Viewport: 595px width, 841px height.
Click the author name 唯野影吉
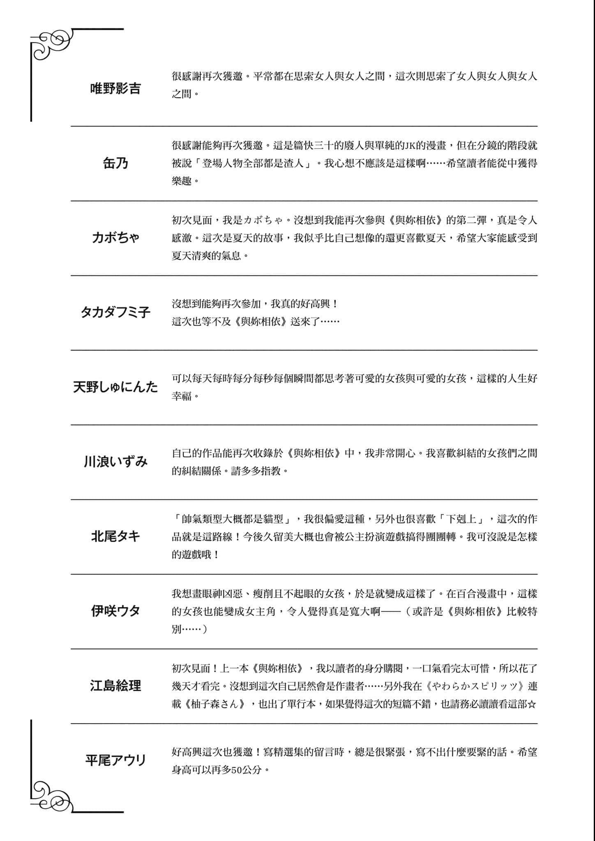point(115,88)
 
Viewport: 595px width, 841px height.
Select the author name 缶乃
point(115,163)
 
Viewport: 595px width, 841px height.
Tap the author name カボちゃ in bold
point(115,238)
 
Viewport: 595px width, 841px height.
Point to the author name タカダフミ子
point(115,313)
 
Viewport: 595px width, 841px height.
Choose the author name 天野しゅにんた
point(115,387)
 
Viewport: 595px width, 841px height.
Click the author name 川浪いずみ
point(115,462)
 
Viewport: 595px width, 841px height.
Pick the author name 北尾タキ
point(115,536)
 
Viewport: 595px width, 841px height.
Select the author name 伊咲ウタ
point(115,611)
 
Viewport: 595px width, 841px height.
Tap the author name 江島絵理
point(115,686)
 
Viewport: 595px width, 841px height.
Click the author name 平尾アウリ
point(115,761)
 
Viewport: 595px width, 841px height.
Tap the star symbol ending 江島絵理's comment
point(532,704)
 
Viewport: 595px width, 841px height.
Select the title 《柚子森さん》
point(215,704)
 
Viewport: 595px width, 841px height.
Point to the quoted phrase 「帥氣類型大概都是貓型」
point(233,519)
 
